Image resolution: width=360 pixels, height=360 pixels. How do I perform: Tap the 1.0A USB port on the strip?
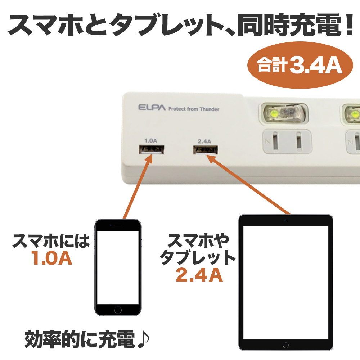pyautogui.click(x=153, y=149)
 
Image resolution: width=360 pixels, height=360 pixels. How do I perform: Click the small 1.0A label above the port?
pyautogui.click(x=150, y=140)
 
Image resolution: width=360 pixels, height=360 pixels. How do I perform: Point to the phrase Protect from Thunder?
pyautogui.click(x=193, y=109)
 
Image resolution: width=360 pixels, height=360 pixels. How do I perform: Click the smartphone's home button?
pyautogui.click(x=118, y=310)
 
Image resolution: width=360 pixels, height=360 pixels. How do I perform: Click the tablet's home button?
pyautogui.click(x=285, y=345)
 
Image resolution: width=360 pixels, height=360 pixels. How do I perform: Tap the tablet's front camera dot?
pyautogui.click(x=285, y=220)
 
